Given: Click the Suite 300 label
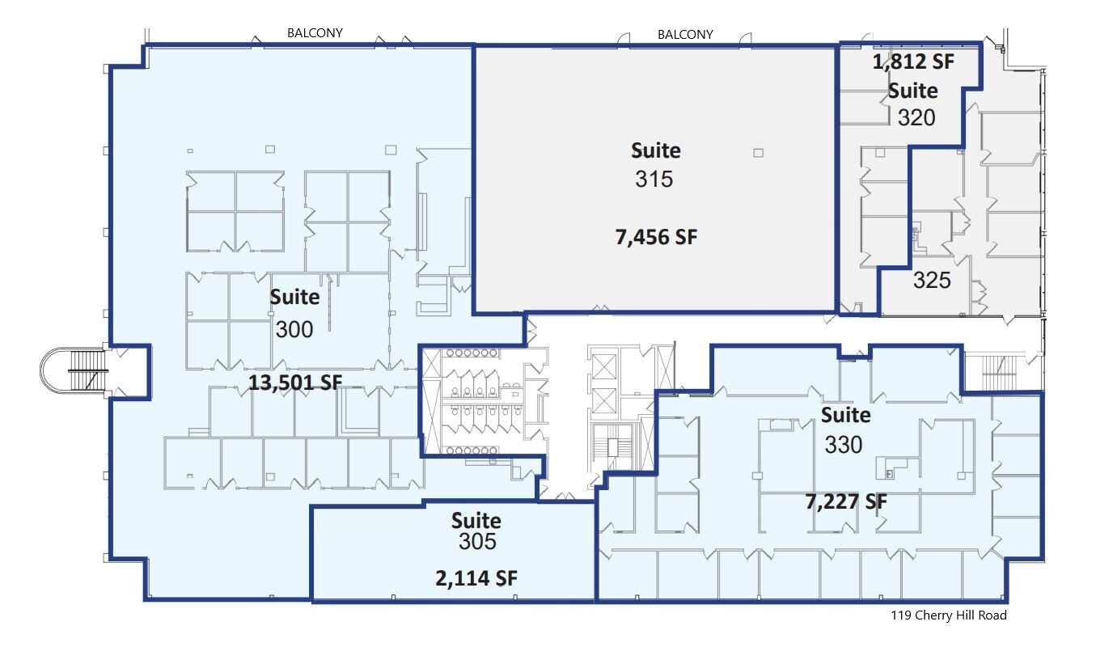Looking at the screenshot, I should [x=294, y=313].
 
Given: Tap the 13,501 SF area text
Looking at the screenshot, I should [x=294, y=383].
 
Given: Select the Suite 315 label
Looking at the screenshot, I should [x=655, y=165].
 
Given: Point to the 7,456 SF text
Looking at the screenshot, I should [x=655, y=237].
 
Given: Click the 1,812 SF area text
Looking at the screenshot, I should [x=912, y=62].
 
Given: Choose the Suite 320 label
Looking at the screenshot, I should [x=914, y=104].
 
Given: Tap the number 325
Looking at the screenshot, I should [x=932, y=280].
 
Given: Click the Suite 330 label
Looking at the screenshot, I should [x=845, y=429].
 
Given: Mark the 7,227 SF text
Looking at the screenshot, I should [x=845, y=501].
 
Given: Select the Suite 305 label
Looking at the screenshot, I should [x=476, y=531].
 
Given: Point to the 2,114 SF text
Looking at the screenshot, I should [x=476, y=577].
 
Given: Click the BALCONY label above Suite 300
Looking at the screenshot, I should [x=315, y=33].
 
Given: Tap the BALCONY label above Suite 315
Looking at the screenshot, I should [x=685, y=34].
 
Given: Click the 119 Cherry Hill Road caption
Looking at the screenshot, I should [x=949, y=615].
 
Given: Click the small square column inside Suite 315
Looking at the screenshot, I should [x=758, y=152].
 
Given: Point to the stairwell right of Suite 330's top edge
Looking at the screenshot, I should [x=998, y=372].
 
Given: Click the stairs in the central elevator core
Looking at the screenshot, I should [x=613, y=446].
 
